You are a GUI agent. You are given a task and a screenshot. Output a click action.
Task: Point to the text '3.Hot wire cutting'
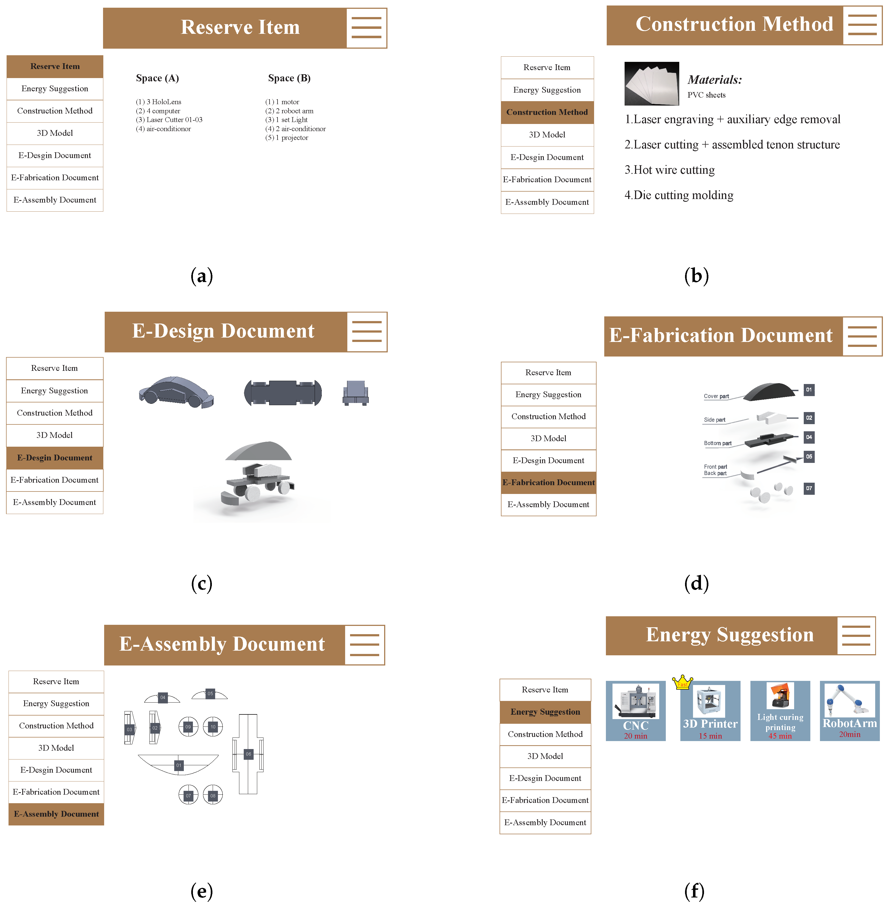click(669, 170)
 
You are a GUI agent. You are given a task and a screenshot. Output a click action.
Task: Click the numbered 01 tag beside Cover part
click(809, 390)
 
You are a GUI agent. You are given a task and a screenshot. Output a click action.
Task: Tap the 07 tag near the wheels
click(809, 488)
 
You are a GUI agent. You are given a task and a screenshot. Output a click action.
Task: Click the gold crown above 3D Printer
click(683, 682)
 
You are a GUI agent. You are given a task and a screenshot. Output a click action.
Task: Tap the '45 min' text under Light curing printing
click(780, 736)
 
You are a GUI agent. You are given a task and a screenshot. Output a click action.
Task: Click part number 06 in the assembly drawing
click(248, 754)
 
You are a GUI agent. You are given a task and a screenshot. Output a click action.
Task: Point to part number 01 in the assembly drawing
click(178, 765)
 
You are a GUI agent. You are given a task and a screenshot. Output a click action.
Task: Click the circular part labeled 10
click(213, 727)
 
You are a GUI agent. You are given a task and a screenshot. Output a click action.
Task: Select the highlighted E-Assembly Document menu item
click(56, 814)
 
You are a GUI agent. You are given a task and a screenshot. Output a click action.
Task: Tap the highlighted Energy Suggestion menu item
click(545, 712)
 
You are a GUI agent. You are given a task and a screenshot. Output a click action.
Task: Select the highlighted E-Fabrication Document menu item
click(548, 482)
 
